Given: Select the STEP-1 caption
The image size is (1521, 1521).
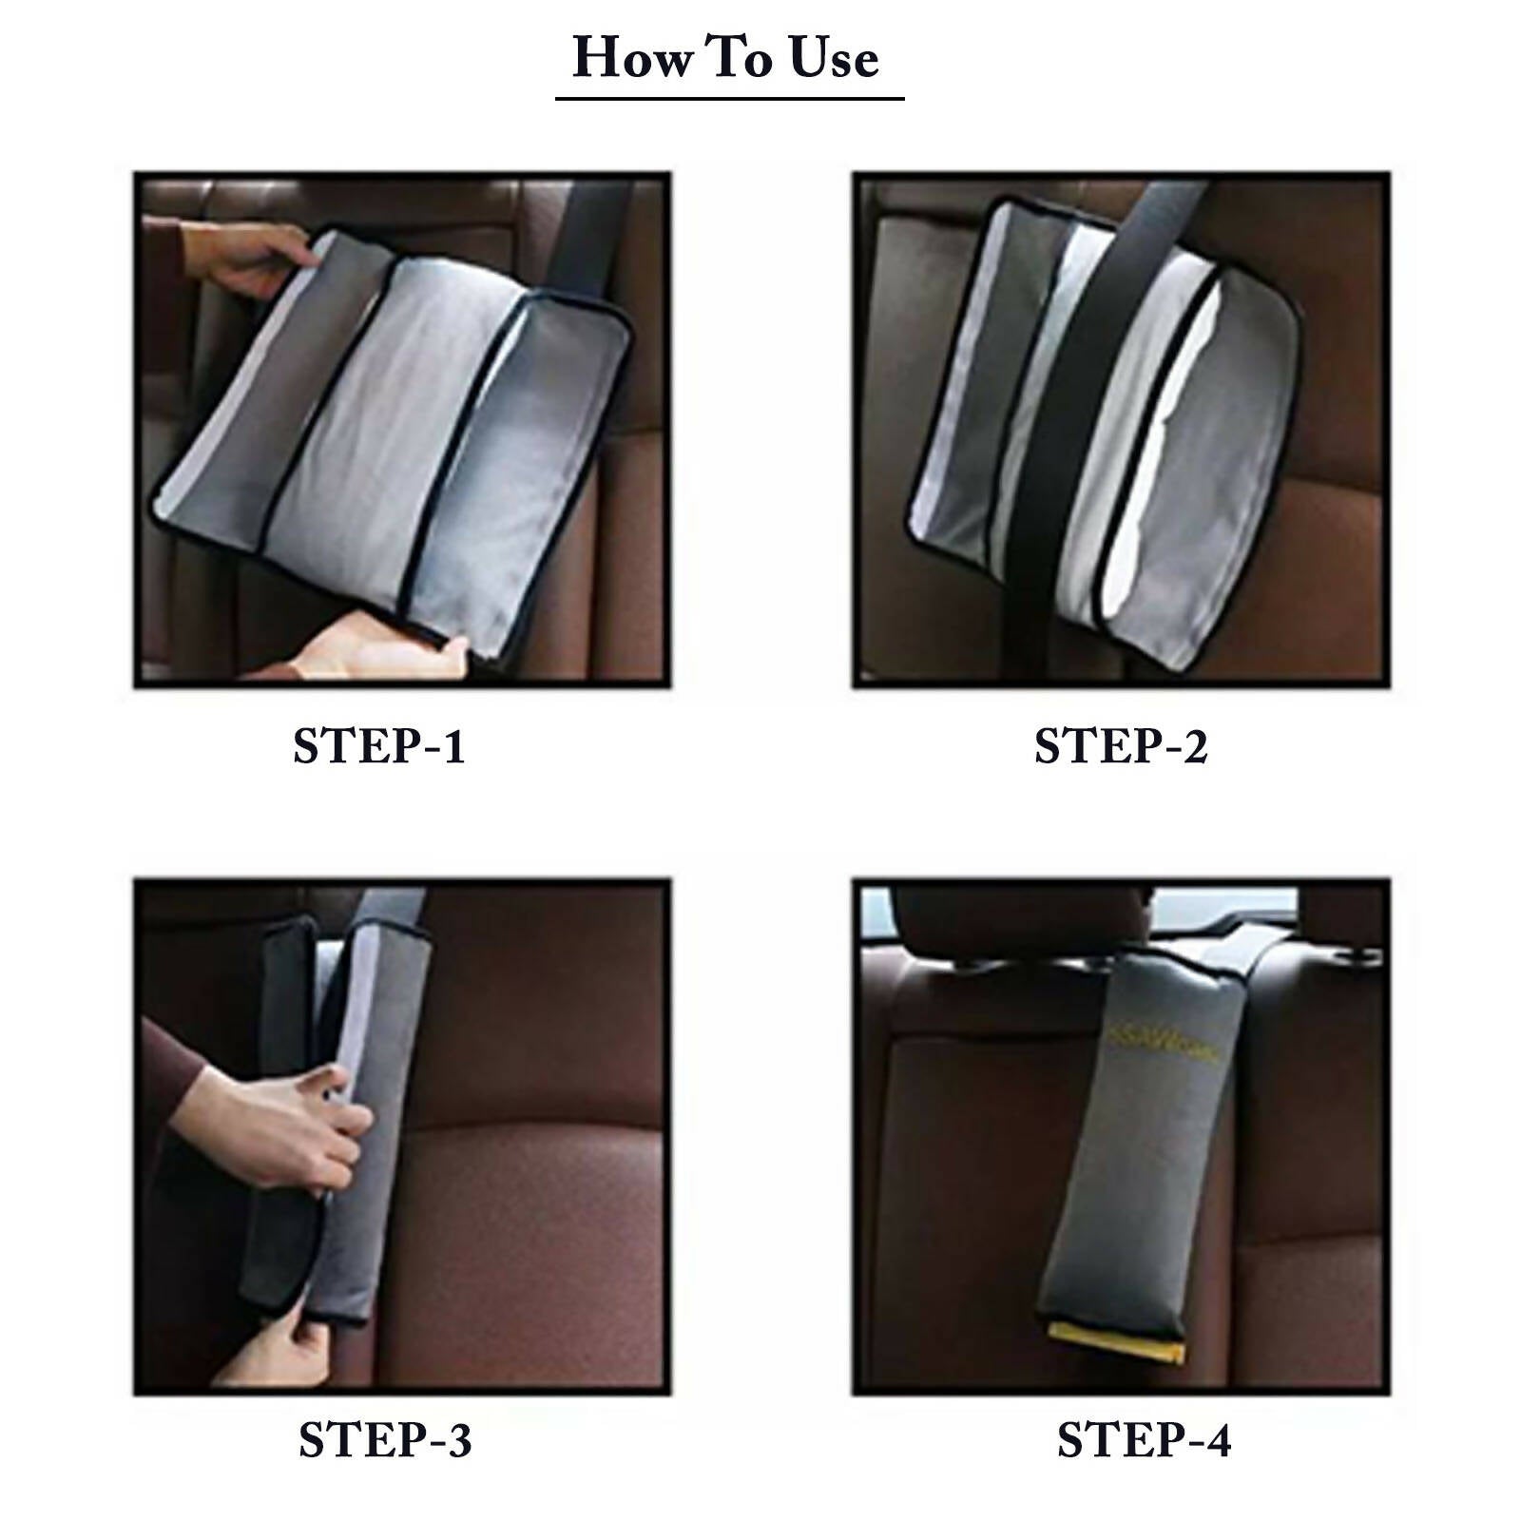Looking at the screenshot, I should pyautogui.click(x=379, y=746).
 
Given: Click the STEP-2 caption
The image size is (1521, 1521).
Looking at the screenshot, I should pyautogui.click(x=1121, y=746).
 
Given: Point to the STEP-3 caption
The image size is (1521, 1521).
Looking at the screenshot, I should pyautogui.click(x=385, y=1440).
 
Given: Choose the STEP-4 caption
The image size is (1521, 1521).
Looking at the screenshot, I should pyautogui.click(x=1144, y=1440).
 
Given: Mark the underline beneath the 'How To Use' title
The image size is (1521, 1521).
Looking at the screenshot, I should pyautogui.click(x=729, y=97).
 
